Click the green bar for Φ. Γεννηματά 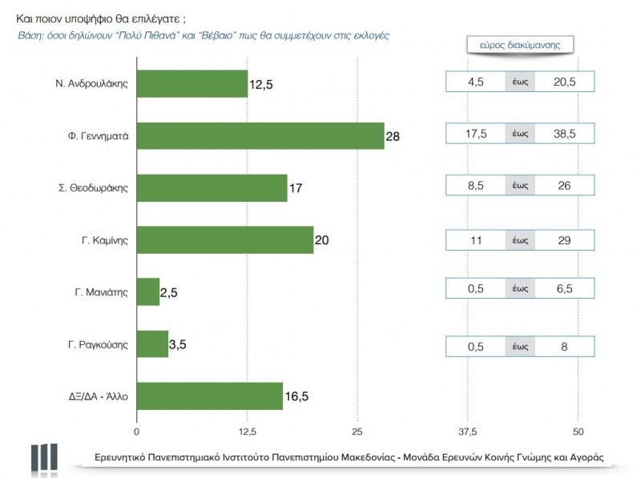tap(260, 136)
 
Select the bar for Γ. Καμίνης tap(225, 239)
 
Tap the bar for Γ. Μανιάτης tap(148, 292)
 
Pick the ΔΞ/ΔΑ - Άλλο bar tap(210, 396)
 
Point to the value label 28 tap(393, 137)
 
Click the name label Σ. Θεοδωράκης tap(95, 188)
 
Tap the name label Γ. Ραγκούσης tap(98, 344)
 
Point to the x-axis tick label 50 tap(579, 432)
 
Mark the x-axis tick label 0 tap(137, 432)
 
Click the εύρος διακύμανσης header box tap(521, 45)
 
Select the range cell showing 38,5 tap(566, 136)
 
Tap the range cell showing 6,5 tap(566, 291)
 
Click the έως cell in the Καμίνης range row tap(520, 239)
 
